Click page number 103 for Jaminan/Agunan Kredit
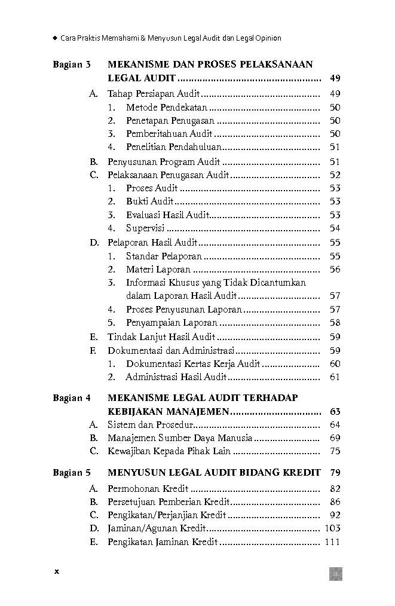tap(332, 528)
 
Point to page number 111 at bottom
tap(332, 542)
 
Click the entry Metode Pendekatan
tap(166, 108)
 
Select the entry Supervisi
tap(145, 228)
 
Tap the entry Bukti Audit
tap(149, 201)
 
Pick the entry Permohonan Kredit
tap(148, 489)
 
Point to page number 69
tap(335, 438)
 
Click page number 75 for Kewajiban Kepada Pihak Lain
tap(335, 451)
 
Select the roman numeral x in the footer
tap(57, 571)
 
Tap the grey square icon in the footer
tap(335, 574)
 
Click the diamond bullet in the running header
tap(54, 38)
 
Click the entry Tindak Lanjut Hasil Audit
tap(161, 337)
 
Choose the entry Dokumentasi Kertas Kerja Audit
tap(192, 364)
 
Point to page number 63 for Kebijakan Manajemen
tap(335, 411)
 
